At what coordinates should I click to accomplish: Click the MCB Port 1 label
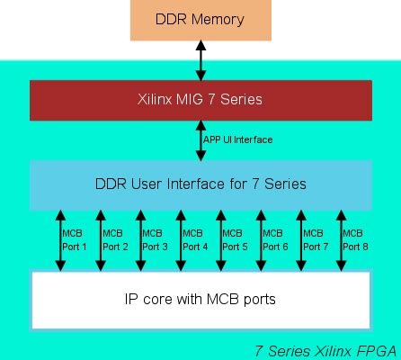click(75, 239)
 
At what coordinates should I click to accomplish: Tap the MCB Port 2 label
click(115, 239)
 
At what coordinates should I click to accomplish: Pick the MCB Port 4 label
click(195, 239)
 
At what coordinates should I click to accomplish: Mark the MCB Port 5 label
click(235, 239)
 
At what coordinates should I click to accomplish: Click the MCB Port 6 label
click(275, 239)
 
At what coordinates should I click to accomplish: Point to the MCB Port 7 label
click(315, 239)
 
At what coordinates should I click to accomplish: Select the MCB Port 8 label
click(355, 239)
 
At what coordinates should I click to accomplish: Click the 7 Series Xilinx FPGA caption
click(326, 350)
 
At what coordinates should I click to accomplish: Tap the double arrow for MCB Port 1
click(59, 239)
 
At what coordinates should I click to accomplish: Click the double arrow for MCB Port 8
click(340, 239)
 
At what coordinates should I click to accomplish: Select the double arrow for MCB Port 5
click(219, 239)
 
